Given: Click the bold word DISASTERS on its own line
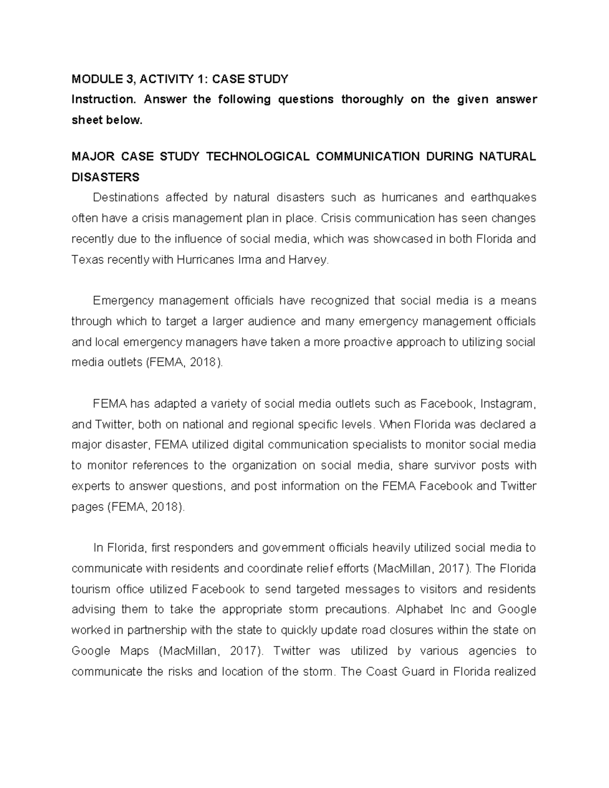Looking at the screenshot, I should coord(106,177).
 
